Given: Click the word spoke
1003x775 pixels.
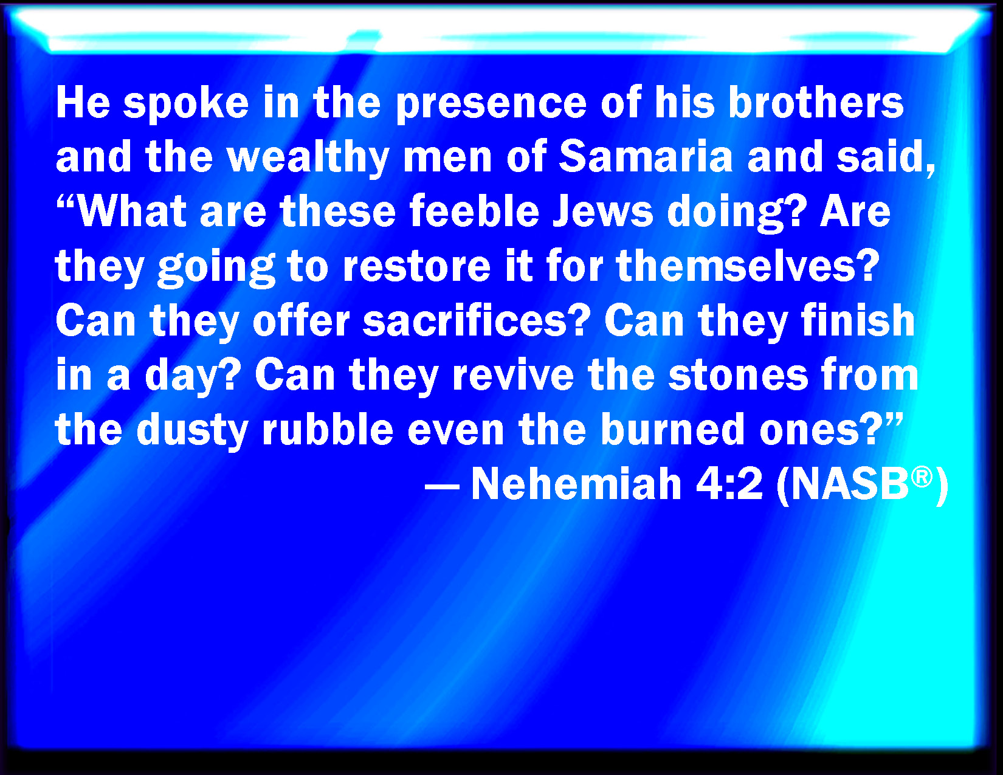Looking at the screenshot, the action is pyautogui.click(x=186, y=105).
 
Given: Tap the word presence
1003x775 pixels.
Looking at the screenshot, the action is pyautogui.click(x=492, y=105).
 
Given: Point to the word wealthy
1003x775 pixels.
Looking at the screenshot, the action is pyautogui.click(x=308, y=158).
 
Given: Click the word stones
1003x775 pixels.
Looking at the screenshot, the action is pyautogui.click(x=738, y=376).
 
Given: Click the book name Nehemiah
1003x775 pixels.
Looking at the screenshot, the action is pyautogui.click(x=576, y=484).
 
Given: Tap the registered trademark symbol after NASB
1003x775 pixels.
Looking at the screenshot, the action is pyautogui.click(x=923, y=477).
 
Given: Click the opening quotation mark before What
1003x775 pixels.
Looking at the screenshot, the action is pyautogui.click(x=66, y=202).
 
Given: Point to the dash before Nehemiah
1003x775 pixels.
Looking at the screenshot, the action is pyautogui.click(x=442, y=487).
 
